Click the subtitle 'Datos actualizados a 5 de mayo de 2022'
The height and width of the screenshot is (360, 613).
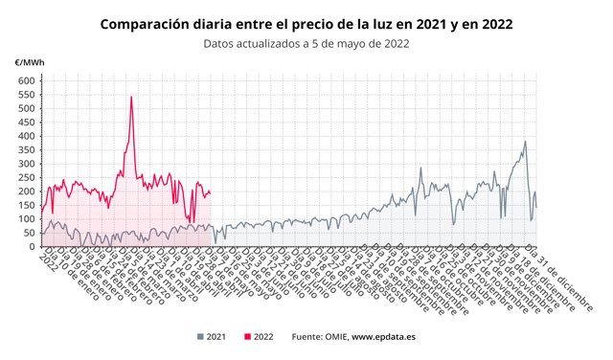[306, 43]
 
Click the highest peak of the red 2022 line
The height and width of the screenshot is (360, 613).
[131, 97]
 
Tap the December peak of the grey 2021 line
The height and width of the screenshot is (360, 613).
[525, 142]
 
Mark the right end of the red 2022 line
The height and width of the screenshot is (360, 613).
[211, 192]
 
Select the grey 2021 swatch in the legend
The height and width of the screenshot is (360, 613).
[200, 337]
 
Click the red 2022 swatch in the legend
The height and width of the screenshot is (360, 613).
[248, 337]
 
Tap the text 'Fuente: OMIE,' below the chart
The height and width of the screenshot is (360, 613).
[320, 337]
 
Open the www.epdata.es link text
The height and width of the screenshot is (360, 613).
[384, 337]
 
